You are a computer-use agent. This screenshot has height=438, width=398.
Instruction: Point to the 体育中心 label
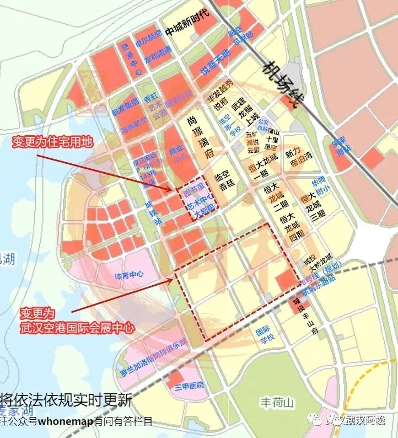[x=129, y=274]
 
